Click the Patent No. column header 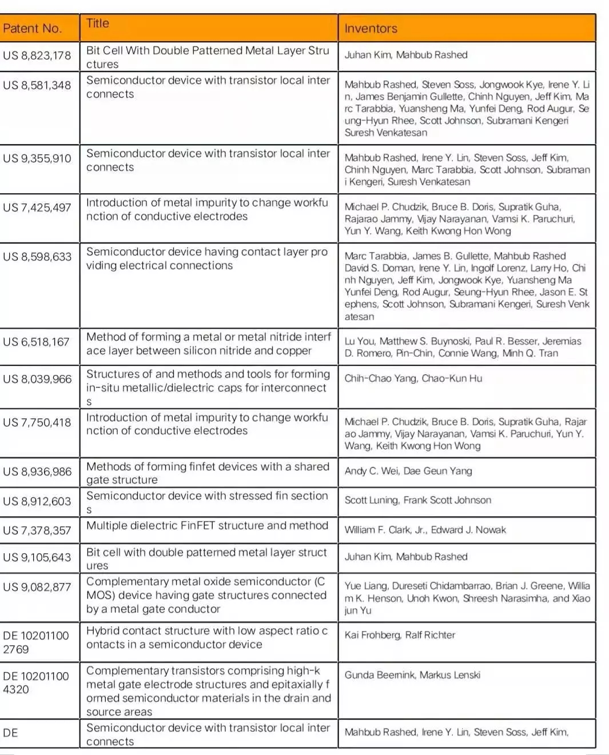point(32,29)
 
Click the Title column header point(98,23)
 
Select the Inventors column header point(371,29)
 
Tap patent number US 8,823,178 point(37,55)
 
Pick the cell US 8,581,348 point(37,85)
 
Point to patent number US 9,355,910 point(37,158)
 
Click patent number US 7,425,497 point(37,207)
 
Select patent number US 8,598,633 point(37,257)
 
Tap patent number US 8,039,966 point(37,379)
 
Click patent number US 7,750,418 point(37,422)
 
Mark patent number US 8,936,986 point(37,472)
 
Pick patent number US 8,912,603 point(37,501)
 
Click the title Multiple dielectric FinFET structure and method point(207,526)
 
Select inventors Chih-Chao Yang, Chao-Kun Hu point(413,378)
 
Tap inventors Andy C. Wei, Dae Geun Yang point(408,471)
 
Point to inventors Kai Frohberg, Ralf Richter point(400,635)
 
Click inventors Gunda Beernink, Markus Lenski point(412,675)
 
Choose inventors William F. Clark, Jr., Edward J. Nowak point(425,530)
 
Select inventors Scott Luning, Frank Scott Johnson point(417,500)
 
